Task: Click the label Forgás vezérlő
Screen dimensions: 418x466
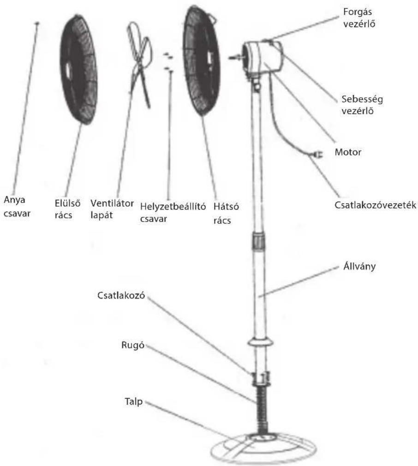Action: coord(359,18)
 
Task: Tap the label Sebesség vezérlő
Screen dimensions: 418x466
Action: coord(362,105)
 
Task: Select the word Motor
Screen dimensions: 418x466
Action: coord(348,152)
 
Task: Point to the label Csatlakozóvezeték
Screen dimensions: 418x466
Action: coord(375,205)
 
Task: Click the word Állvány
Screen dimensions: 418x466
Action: coord(359,266)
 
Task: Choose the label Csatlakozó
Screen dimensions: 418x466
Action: coord(121,295)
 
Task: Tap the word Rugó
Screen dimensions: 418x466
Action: coord(132,345)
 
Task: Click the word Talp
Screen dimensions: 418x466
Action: coord(133,401)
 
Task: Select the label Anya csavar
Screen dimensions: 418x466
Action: coord(17,206)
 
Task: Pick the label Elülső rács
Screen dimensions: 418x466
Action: coord(67,209)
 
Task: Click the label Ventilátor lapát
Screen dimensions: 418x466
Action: coord(112,209)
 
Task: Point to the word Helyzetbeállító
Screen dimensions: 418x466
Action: coord(173,206)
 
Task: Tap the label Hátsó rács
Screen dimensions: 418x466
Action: coord(226,213)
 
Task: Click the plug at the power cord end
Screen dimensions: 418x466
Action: coord(317,154)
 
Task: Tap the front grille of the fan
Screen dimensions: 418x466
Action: coord(79,70)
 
